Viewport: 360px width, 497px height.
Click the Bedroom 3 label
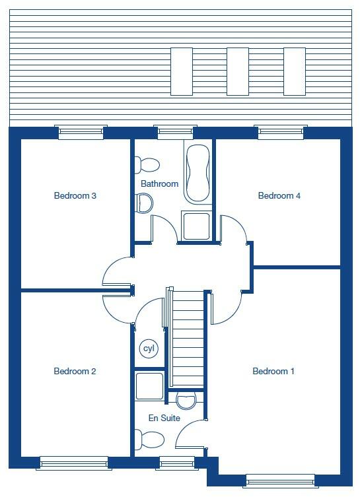75,196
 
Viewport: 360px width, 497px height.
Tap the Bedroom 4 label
279,196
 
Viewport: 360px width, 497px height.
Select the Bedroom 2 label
75,372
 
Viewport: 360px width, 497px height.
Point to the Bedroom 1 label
273,372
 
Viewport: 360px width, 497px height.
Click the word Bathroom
159,184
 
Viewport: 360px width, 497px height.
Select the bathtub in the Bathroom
197,174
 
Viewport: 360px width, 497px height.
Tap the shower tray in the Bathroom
197,226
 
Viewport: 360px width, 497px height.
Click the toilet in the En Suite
150,438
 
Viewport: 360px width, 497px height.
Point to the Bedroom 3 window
81,133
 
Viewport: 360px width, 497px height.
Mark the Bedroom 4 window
280,133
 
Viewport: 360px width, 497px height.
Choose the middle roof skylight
237,72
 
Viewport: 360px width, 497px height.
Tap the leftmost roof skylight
181,72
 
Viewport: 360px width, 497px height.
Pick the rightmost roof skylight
294,72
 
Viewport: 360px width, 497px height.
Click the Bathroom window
176,133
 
